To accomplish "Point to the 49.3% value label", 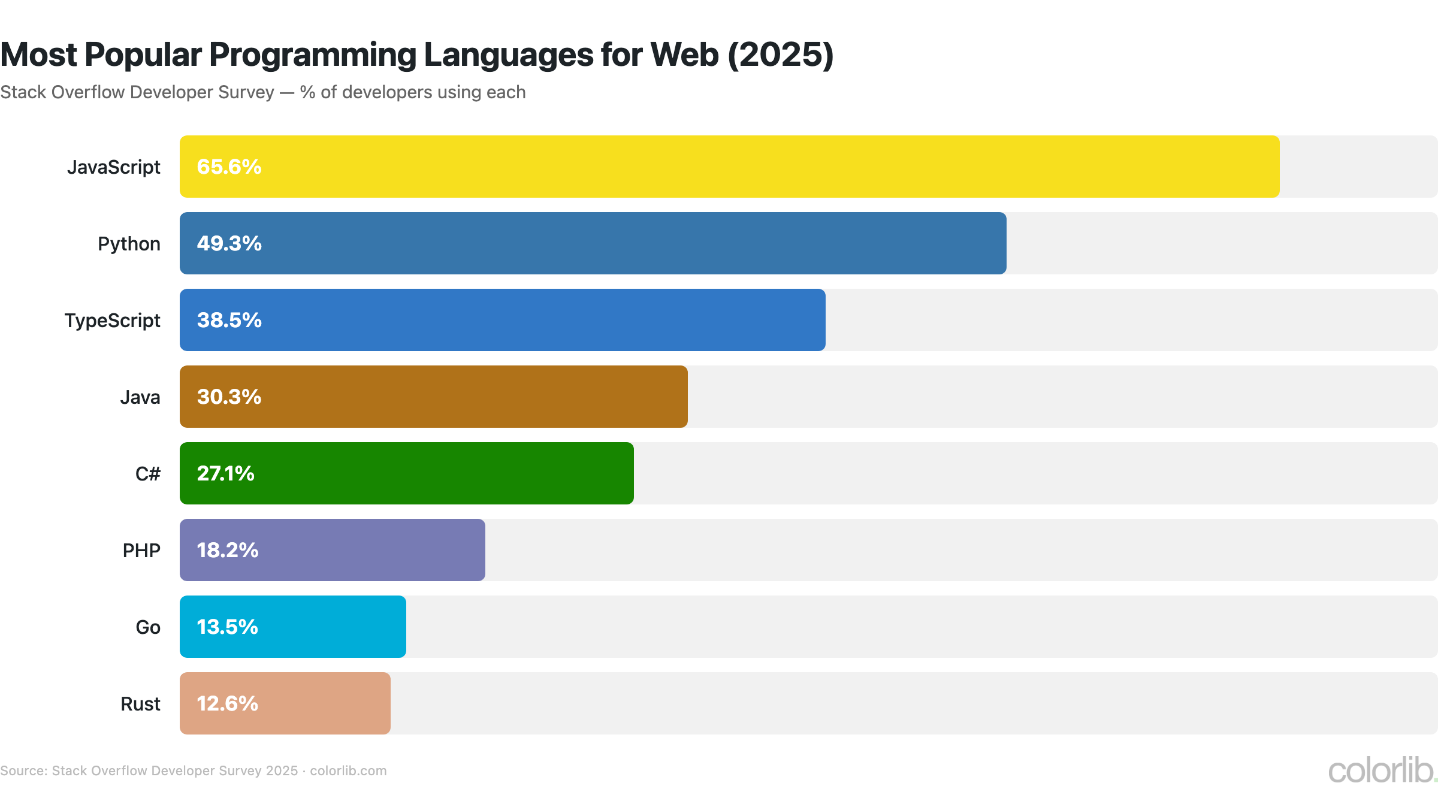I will [229, 243].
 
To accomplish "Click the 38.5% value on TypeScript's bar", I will [229, 320].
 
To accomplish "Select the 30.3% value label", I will [229, 397].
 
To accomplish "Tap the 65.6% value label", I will [229, 167].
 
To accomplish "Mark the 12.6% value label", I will [227, 703].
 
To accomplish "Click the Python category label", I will [129, 244].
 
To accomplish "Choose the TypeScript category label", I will [112, 321].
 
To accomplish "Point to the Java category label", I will [140, 397].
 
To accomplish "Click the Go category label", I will [147, 627].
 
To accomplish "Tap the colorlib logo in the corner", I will [1380, 770].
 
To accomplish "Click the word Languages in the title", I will [509, 55].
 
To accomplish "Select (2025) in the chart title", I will [780, 55].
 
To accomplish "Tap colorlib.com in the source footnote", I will [348, 771].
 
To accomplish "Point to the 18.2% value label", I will [227, 550].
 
